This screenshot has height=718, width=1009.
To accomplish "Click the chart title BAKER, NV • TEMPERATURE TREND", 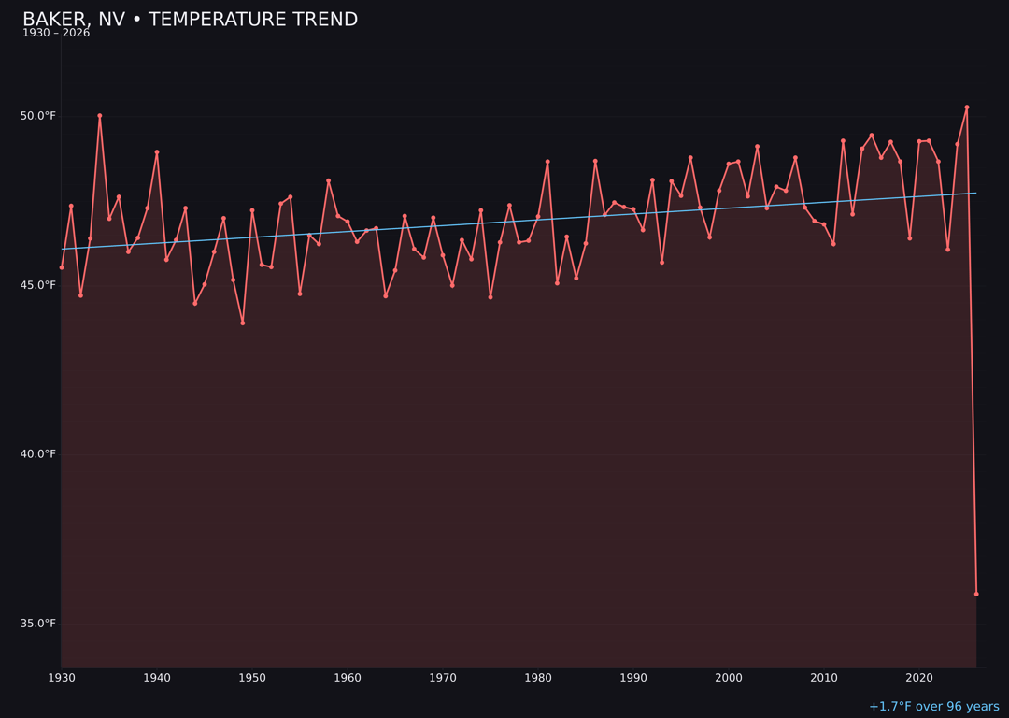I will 190,20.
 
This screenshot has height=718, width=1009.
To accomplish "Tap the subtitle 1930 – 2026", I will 56,34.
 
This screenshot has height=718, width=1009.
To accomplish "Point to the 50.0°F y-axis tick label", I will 38,116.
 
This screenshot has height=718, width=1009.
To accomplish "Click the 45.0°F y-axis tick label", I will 38,285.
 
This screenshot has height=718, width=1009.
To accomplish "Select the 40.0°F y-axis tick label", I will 38,454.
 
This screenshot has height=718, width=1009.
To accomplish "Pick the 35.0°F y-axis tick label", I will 38,624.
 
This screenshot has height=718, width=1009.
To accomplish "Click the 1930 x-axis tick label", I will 62,678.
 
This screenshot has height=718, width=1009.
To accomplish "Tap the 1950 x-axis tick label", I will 252,678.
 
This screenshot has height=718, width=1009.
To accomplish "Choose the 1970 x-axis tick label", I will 443,678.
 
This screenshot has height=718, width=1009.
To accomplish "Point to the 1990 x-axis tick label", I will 633,678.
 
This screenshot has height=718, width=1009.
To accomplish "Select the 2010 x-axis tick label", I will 824,678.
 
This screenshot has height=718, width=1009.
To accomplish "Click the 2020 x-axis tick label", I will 919,678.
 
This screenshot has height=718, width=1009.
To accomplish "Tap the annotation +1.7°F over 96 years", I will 933,707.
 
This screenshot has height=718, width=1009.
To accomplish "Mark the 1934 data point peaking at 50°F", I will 100,116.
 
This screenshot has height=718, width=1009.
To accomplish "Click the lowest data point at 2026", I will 976,594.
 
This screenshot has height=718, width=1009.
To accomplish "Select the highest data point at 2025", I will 967,108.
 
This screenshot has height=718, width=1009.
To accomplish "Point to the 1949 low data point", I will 243,323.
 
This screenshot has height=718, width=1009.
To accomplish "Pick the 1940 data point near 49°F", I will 157,151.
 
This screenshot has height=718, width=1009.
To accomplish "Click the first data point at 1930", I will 62,267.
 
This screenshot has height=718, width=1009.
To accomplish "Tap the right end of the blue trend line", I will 975,194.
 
